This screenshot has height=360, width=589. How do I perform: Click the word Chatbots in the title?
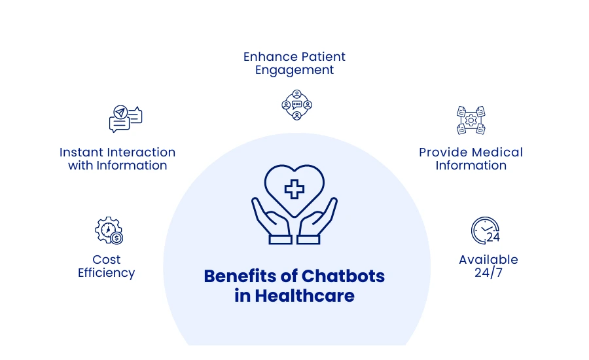pos(343,276)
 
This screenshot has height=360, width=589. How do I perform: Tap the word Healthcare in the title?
pos(304,296)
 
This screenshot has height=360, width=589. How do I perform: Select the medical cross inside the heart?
pos(294,189)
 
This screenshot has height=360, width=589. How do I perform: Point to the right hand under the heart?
pos(317,222)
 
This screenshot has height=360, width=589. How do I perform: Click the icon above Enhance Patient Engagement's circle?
pos(296,105)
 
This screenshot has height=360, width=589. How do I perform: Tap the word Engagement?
pos(294,70)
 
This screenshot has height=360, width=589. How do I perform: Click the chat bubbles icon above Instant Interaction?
pos(126,118)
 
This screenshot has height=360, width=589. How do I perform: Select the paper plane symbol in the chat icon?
pos(120,112)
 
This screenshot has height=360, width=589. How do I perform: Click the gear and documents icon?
pos(471,120)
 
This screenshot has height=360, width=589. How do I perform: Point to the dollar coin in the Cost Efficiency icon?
pos(116,238)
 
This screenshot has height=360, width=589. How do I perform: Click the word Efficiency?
pos(106,273)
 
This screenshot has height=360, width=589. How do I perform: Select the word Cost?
pos(106,260)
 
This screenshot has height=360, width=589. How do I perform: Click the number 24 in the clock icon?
pos(493,237)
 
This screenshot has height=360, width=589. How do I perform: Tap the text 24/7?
pos(488,273)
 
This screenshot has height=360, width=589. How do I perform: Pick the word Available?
pos(488,260)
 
